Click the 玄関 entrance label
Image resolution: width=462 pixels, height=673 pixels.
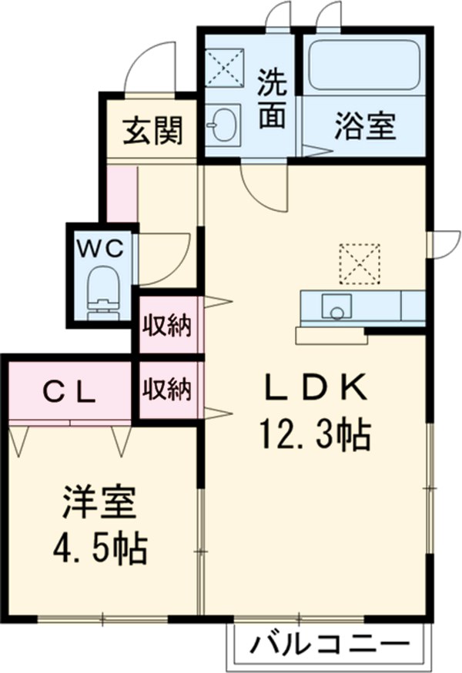(154, 132)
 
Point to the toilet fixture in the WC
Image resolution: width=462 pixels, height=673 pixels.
(102, 293)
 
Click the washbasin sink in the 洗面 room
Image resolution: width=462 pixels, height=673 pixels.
(223, 125)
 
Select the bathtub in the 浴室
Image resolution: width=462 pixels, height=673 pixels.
(363, 65)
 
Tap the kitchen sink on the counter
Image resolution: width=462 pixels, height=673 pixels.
(335, 307)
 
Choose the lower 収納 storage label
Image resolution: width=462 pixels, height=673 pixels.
(166, 390)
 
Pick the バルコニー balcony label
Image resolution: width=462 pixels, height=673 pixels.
(326, 642)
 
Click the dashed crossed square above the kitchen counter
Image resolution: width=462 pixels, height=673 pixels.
(360, 263)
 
